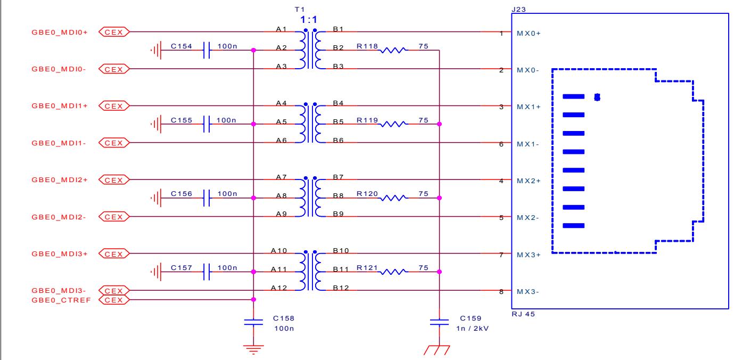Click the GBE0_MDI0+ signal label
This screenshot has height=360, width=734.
pos(60,32)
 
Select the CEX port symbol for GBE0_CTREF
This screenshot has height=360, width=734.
pos(114,300)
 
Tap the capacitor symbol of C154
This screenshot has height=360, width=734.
pos(207,50)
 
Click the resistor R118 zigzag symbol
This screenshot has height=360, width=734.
pos(393,50)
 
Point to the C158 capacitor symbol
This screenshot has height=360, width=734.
pos(253,322)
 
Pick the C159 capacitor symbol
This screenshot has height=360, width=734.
pos(439,322)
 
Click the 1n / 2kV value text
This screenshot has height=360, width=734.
pos(472,328)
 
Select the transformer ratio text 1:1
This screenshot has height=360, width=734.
pos(309,20)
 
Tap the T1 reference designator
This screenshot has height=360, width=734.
pos(300,9)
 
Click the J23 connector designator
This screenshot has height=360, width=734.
pos(518,9)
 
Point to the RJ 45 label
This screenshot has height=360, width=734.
pos(523,314)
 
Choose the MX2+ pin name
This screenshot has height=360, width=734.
pos(529,181)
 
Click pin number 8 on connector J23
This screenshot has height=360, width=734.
pos(501,291)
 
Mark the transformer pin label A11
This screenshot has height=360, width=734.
pos(279,269)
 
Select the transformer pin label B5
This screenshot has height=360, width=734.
pos(338,121)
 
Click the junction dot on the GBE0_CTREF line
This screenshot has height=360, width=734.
pos(253,300)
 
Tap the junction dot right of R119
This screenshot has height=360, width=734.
pos(439,124)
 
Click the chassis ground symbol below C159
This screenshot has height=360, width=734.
pos(437,350)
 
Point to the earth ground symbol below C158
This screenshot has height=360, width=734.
pos(253,349)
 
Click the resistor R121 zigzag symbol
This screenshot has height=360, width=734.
pos(393,272)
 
